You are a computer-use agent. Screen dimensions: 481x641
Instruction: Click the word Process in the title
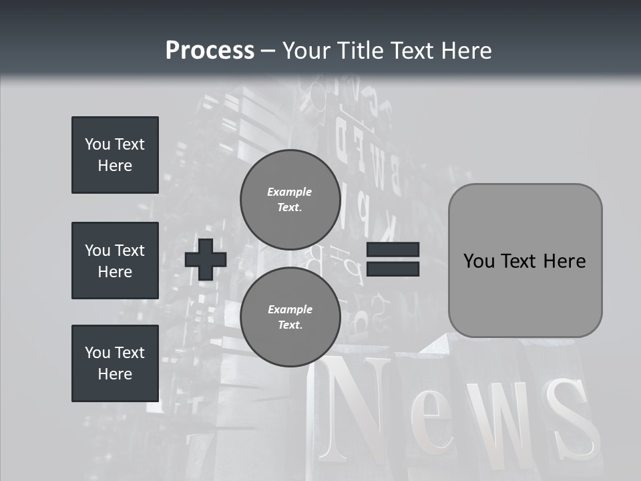pyautogui.click(x=210, y=51)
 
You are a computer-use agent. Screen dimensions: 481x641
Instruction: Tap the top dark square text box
pyautogui.click(x=115, y=155)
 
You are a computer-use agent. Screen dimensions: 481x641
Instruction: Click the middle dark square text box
pyautogui.click(x=115, y=261)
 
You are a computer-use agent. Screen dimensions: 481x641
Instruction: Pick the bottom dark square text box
pyautogui.click(x=115, y=363)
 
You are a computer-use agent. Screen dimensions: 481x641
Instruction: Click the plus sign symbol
pyautogui.click(x=206, y=259)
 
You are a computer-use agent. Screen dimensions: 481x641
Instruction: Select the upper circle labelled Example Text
pyautogui.click(x=290, y=200)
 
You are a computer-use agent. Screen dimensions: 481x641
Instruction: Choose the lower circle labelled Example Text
pyautogui.click(x=290, y=317)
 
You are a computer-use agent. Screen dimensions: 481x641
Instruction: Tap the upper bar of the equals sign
pyautogui.click(x=393, y=250)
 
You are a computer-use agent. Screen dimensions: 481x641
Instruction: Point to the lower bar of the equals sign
pyautogui.click(x=393, y=269)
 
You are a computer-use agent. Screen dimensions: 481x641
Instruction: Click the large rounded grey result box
pyautogui.click(x=525, y=261)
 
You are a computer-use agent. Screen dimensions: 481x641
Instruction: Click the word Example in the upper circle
pyautogui.click(x=289, y=192)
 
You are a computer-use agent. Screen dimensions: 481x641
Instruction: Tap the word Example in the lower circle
pyautogui.click(x=290, y=309)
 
